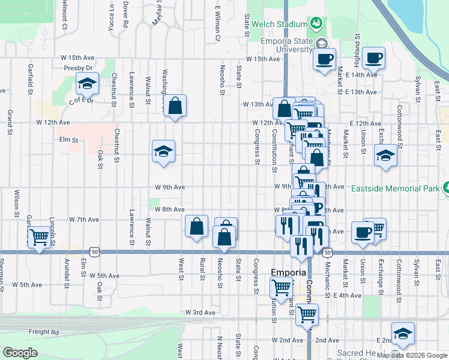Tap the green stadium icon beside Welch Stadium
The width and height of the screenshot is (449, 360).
tap(316, 23)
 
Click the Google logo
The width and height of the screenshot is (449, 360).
tap(20, 353)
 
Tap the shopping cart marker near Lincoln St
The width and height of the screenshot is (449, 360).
tap(39, 238)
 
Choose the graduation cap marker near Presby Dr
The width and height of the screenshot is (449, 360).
tap(88, 85)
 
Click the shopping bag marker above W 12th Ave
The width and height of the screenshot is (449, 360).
tap(175, 106)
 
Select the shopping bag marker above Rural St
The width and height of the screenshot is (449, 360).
tap(197, 226)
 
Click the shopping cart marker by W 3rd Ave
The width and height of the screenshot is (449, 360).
tap(307, 314)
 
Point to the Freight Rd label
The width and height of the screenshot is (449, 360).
tap(47, 331)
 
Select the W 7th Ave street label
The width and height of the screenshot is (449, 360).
tap(83, 220)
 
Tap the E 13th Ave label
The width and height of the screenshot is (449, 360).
tap(361, 92)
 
